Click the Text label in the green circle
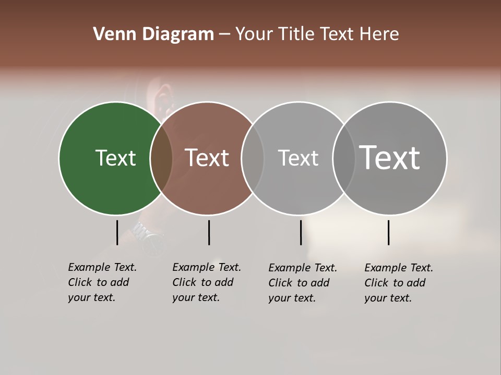click(x=115, y=158)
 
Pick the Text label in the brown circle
click(x=207, y=158)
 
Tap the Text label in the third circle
click(x=298, y=158)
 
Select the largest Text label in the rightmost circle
click(x=390, y=158)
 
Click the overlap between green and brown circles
click(x=161, y=158)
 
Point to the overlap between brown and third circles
click(x=253, y=158)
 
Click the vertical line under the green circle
click(x=117, y=232)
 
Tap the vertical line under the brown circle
click(x=209, y=232)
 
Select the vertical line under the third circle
click(x=301, y=232)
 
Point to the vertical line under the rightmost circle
click(x=388, y=232)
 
